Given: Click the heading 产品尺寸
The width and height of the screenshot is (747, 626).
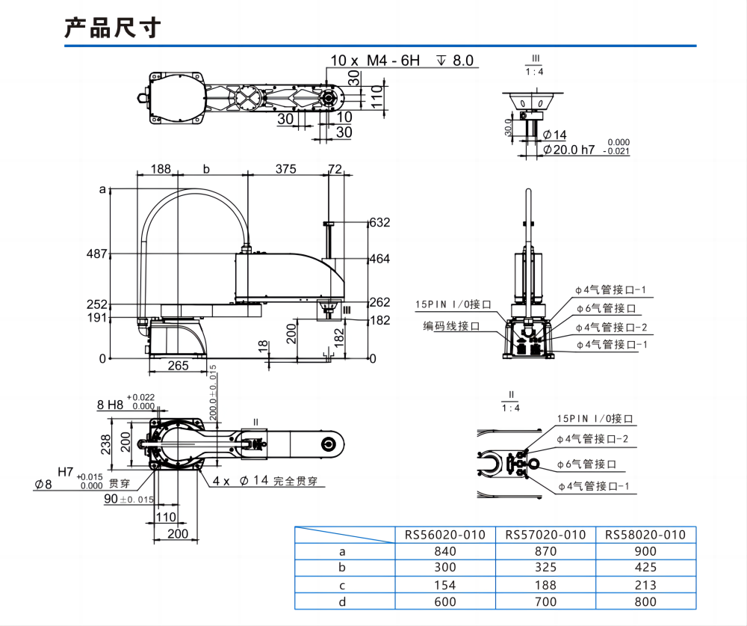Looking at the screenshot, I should pyautogui.click(x=113, y=28).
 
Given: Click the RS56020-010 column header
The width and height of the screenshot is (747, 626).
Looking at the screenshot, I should pyautogui.click(x=445, y=535).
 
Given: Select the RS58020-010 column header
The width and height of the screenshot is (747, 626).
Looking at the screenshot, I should pyautogui.click(x=645, y=535).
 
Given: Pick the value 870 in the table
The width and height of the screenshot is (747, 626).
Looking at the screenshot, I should pyautogui.click(x=545, y=551).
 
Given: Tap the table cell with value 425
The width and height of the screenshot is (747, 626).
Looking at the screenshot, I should pyautogui.click(x=645, y=568).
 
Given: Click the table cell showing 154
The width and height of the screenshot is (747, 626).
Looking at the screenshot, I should pyautogui.click(x=445, y=585).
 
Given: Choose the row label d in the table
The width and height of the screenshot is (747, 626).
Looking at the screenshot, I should pyautogui.click(x=343, y=601).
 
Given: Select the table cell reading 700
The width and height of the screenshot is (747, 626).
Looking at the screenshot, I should pyautogui.click(x=545, y=601).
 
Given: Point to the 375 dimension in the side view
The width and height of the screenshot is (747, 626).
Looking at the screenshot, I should pyautogui.click(x=285, y=169).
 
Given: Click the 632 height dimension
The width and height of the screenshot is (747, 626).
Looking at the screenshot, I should pyautogui.click(x=380, y=223).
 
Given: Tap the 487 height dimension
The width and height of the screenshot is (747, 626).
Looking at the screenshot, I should pyautogui.click(x=97, y=254).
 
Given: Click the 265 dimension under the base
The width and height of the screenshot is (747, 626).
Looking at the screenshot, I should pyautogui.click(x=178, y=365).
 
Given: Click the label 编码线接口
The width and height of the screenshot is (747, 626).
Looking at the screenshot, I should pyautogui.click(x=451, y=326).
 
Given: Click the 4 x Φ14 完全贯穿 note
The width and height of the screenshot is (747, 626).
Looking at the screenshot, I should pyautogui.click(x=264, y=481).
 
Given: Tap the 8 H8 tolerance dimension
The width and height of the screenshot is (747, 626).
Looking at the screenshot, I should pyautogui.click(x=109, y=405).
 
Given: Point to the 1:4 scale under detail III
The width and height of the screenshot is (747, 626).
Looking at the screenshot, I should pyautogui.click(x=535, y=72).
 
